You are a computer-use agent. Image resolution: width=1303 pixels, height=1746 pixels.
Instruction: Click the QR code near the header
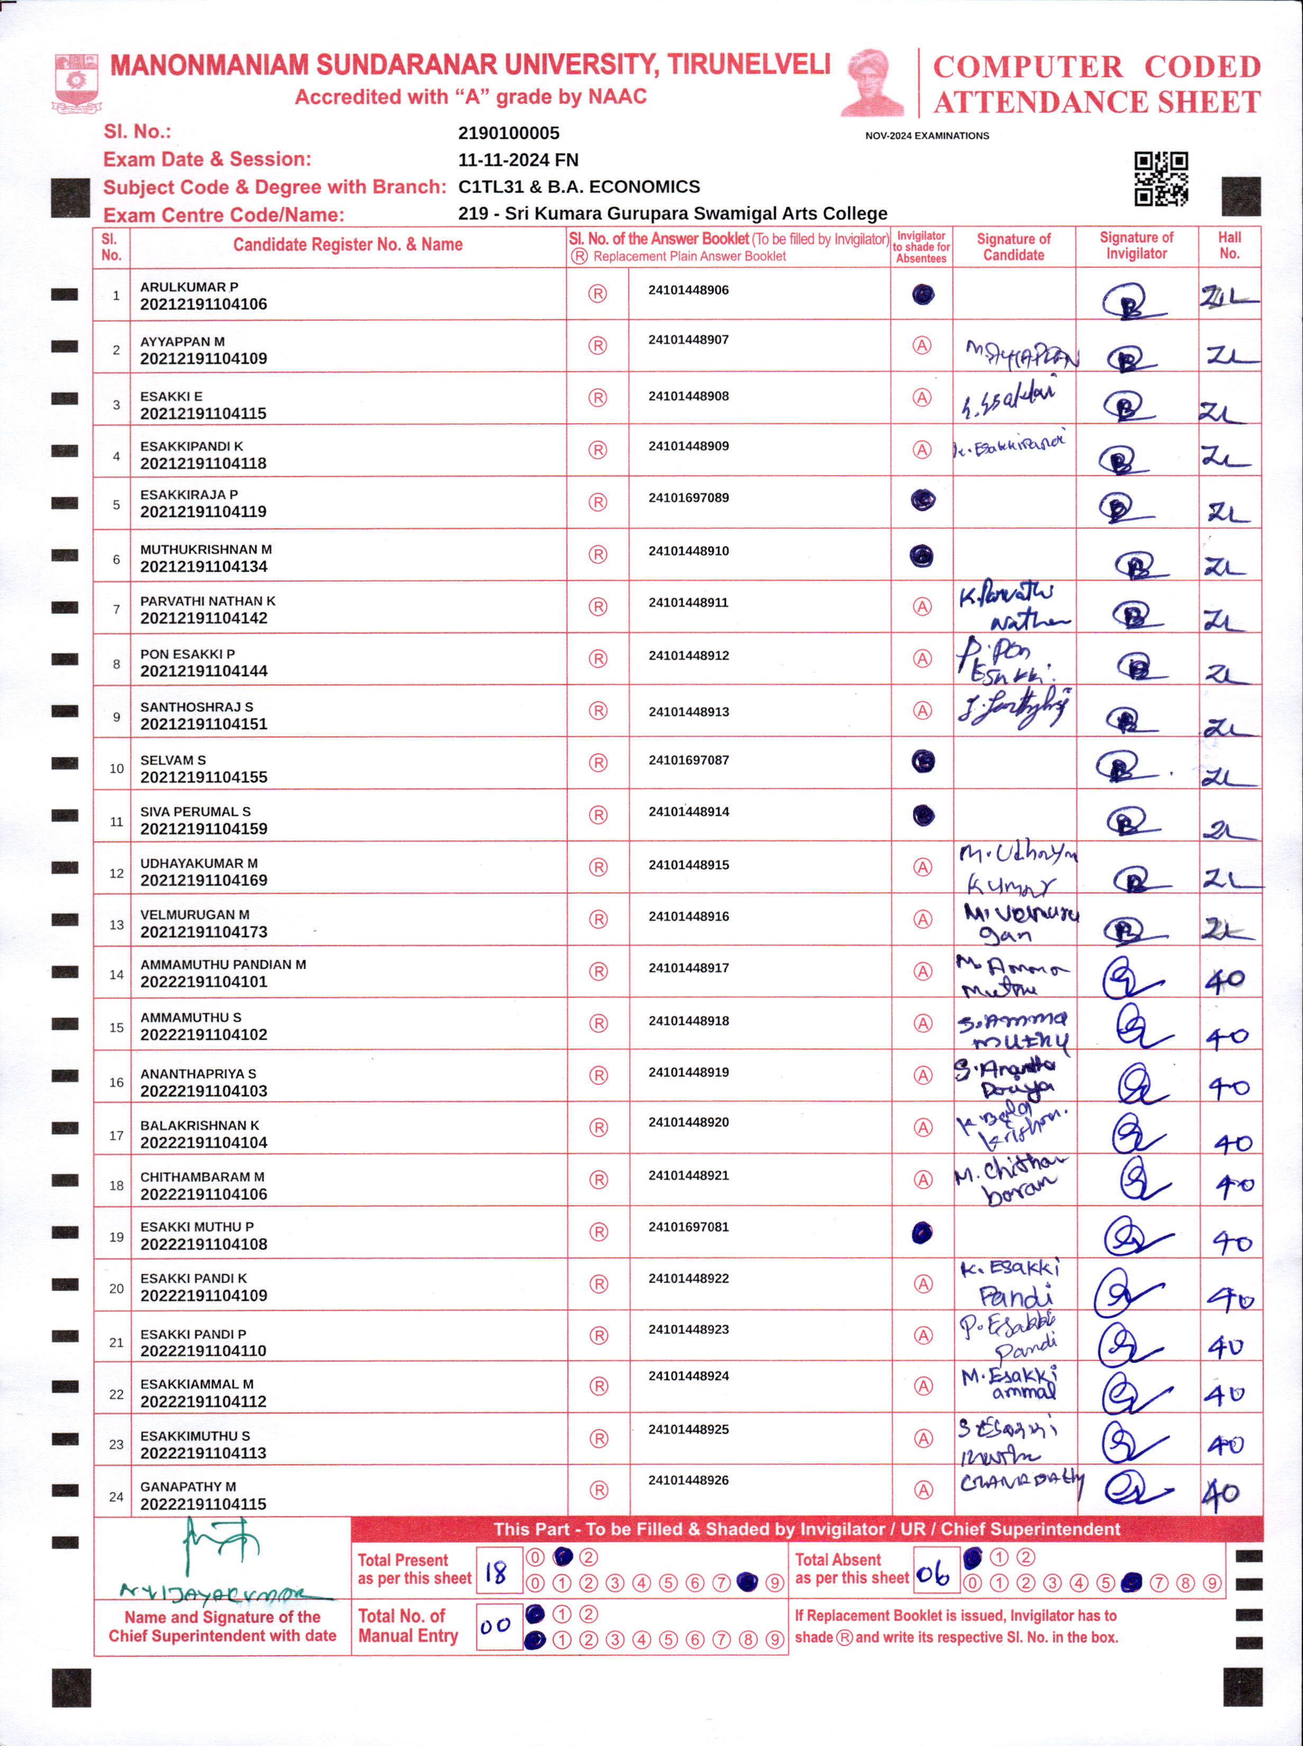point(1161,178)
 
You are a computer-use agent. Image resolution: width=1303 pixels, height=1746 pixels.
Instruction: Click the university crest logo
point(77,82)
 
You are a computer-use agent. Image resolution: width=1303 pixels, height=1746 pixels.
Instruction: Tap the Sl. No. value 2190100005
point(509,133)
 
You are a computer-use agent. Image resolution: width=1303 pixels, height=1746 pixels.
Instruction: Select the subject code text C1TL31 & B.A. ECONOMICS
point(579,187)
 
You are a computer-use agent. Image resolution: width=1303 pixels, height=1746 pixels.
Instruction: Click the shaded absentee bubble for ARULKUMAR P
point(923,295)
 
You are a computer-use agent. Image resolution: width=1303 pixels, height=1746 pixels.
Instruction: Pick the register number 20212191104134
point(204,567)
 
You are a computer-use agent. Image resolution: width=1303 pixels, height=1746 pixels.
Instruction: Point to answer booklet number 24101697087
point(689,760)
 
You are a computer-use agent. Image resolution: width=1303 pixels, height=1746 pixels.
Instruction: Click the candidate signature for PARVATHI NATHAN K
point(1014,607)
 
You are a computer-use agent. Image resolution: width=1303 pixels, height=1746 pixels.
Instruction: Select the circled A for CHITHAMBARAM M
point(922,1179)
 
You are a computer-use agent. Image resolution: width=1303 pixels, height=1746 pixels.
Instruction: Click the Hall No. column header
point(1229,245)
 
